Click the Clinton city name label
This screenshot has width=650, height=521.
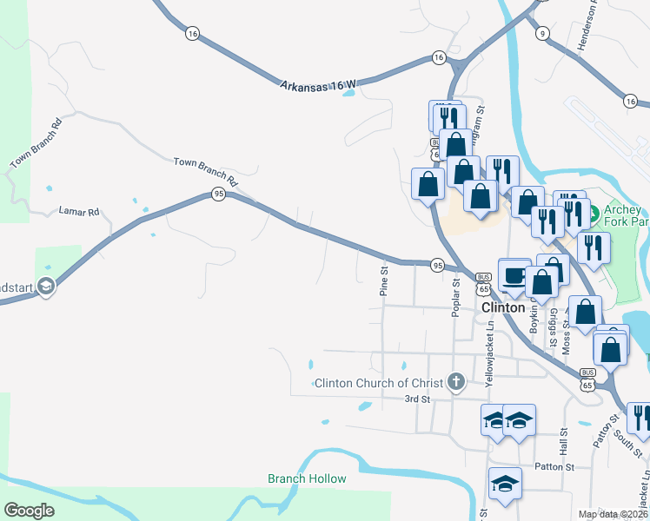(x=503, y=307)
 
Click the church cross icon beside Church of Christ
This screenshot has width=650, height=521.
(x=456, y=381)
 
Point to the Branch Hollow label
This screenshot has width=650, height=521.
(x=307, y=478)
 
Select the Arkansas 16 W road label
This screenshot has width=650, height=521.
(x=318, y=85)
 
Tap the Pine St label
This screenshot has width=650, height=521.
(x=382, y=281)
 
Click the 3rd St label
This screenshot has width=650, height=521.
(x=418, y=399)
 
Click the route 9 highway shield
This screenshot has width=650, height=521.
(x=543, y=33)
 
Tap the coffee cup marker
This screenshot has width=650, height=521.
(x=514, y=274)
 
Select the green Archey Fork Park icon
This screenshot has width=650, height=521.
(x=595, y=212)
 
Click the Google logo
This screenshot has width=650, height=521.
(x=29, y=511)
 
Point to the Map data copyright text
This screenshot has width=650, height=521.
(x=613, y=514)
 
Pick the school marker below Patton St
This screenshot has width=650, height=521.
(x=504, y=484)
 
